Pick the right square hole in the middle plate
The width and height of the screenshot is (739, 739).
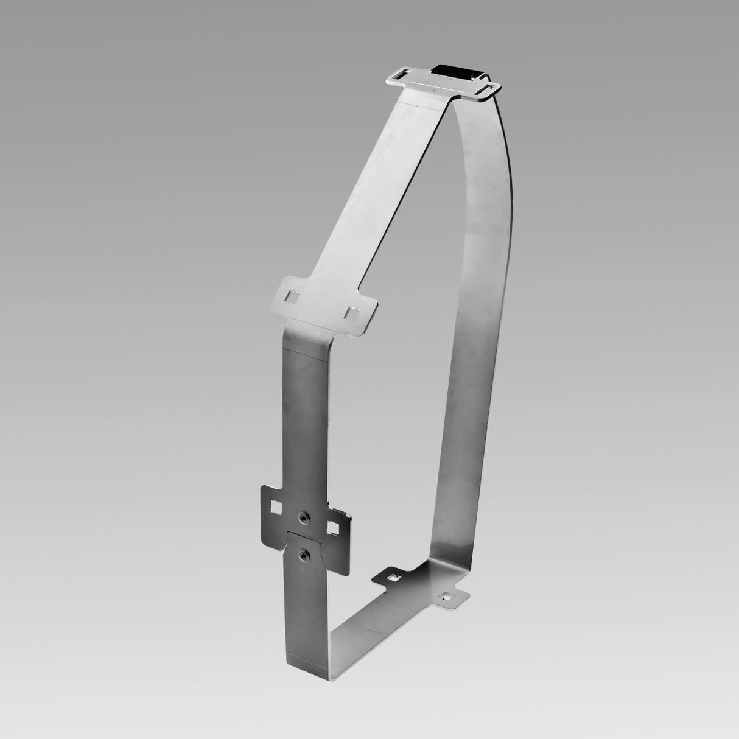coord(351,312)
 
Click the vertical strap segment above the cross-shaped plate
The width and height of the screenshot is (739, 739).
coord(303,414)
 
